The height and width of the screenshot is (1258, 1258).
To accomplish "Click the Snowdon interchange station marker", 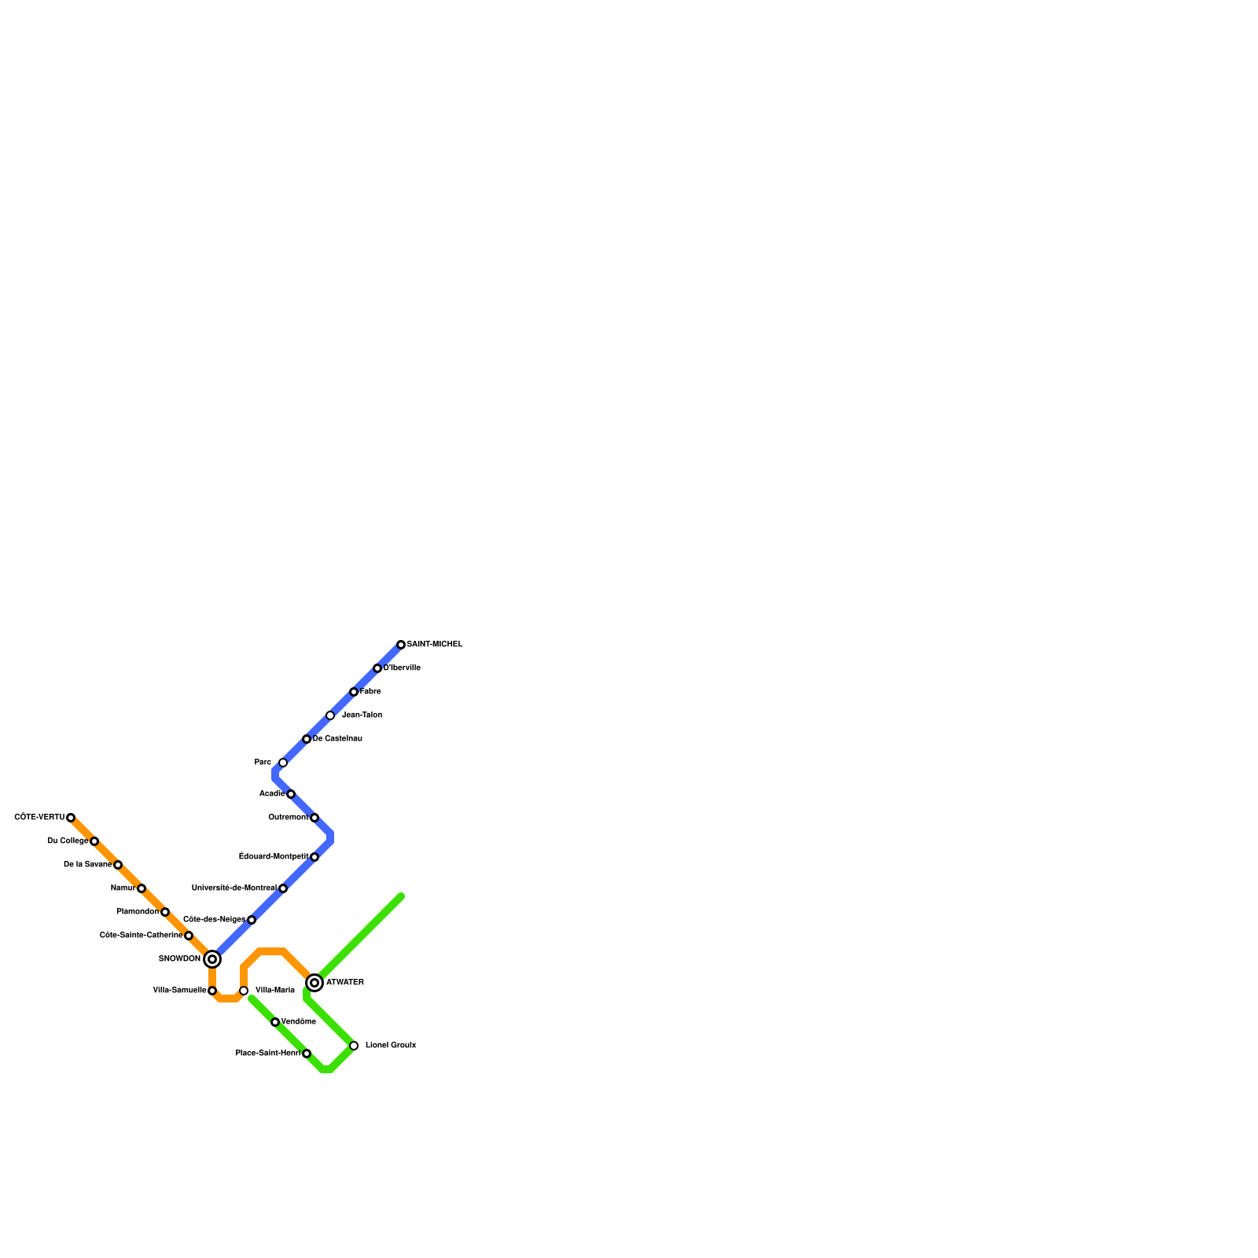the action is pyautogui.click(x=212, y=959).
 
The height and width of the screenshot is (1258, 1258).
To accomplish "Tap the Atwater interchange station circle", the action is pyautogui.click(x=314, y=983).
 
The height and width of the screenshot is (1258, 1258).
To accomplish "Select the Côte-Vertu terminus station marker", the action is pyautogui.click(x=71, y=818).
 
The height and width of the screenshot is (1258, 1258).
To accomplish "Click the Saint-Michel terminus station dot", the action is pyautogui.click(x=401, y=645).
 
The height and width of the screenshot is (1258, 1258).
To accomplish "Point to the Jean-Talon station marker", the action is pyautogui.click(x=330, y=715).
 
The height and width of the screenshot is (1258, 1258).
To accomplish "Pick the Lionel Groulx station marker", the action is pyautogui.click(x=354, y=1046).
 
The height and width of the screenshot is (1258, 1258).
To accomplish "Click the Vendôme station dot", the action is pyautogui.click(x=275, y=1022).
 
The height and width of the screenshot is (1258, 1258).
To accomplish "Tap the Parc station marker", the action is pyautogui.click(x=283, y=763).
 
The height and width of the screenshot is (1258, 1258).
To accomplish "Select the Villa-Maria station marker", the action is pyautogui.click(x=244, y=991).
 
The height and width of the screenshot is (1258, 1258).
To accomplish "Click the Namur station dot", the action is pyautogui.click(x=142, y=888).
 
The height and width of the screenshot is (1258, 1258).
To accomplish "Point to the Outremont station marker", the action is pyautogui.click(x=314, y=818).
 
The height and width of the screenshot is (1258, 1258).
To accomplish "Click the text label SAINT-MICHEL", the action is pyautogui.click(x=435, y=645).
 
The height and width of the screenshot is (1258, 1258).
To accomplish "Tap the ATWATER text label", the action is pyautogui.click(x=345, y=983).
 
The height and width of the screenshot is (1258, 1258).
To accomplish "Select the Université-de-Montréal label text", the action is pyautogui.click(x=234, y=888).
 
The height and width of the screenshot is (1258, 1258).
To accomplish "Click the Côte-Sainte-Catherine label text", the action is pyautogui.click(x=142, y=936).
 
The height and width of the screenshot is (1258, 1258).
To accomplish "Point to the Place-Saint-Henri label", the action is pyautogui.click(x=268, y=1054).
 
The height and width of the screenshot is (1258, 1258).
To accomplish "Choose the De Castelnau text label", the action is pyautogui.click(x=337, y=739).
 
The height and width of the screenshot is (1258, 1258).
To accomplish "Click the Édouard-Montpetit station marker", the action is pyautogui.click(x=314, y=857).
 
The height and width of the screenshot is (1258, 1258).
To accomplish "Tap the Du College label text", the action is pyautogui.click(x=68, y=841).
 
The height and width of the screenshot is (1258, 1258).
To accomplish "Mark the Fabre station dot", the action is pyautogui.click(x=354, y=692).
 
